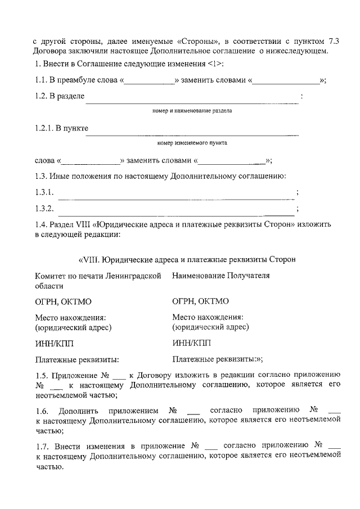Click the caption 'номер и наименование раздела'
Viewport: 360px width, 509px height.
(x=192, y=111)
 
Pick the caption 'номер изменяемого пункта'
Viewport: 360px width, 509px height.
(x=192, y=143)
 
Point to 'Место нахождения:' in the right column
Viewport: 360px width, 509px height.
(x=208, y=317)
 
